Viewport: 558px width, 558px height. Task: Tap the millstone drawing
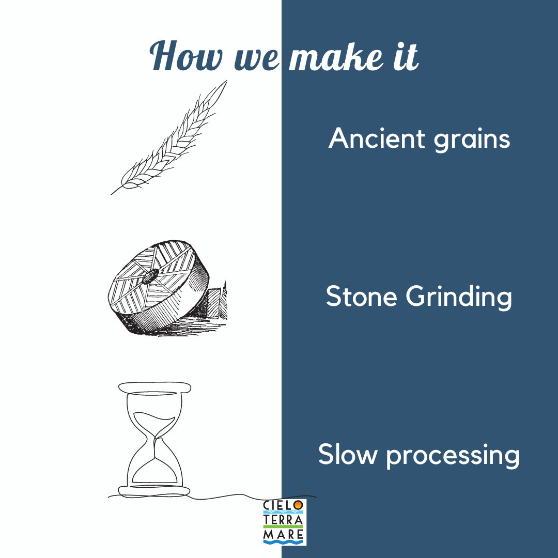160,287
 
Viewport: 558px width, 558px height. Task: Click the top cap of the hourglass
154,387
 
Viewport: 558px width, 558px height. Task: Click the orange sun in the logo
299,505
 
